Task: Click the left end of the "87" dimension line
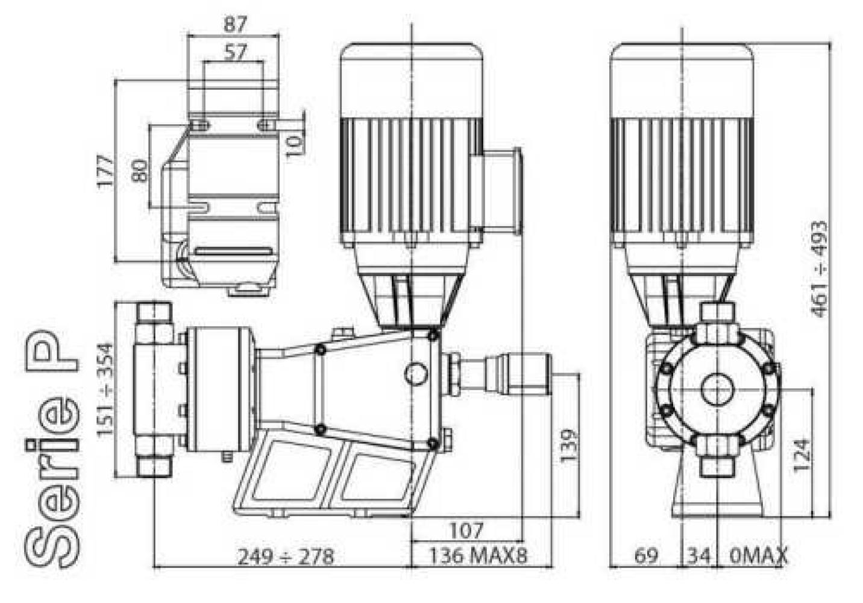coord(187,35)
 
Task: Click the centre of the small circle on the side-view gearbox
coord(416,373)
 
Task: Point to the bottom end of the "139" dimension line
coord(579,517)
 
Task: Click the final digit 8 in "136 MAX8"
coord(522,555)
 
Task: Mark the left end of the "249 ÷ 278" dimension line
coord(154,567)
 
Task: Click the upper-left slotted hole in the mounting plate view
coord(200,125)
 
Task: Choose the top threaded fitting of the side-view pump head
coord(154,313)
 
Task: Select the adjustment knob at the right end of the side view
coord(518,373)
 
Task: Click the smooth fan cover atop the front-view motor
coord(682,80)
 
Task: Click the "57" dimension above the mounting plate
coord(234,52)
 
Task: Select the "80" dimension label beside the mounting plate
coord(139,171)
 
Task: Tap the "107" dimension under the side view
coord(466,531)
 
